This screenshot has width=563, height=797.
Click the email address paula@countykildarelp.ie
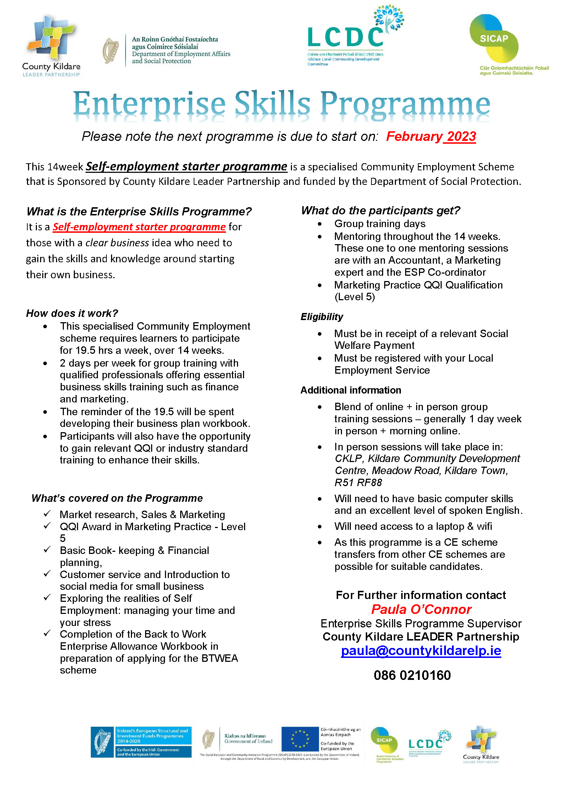[x=421, y=651]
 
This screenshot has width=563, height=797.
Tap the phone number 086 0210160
[x=412, y=675]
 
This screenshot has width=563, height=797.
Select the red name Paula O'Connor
[x=421, y=609]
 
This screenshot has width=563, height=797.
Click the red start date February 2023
[x=431, y=137]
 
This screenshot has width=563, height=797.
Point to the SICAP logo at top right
[x=494, y=39]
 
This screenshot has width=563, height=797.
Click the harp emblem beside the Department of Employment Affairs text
[x=110, y=51]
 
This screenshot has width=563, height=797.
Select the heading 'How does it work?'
[x=72, y=313]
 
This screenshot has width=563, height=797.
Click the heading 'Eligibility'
[x=322, y=317]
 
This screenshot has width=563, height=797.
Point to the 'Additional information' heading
[x=351, y=390]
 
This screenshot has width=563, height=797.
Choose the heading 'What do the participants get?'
[x=380, y=210]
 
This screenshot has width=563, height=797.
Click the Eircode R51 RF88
[x=358, y=483]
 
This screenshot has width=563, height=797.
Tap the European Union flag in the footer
[x=300, y=739]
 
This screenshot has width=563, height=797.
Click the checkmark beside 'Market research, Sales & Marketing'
[x=47, y=513]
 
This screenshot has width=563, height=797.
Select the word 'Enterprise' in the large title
[x=149, y=104]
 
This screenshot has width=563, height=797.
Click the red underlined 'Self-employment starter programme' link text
[x=139, y=227]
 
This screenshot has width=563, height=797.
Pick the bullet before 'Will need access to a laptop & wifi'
[x=320, y=527]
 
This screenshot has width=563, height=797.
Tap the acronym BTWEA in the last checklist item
[x=220, y=658]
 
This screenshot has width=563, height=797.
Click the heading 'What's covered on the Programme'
[x=117, y=498]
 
